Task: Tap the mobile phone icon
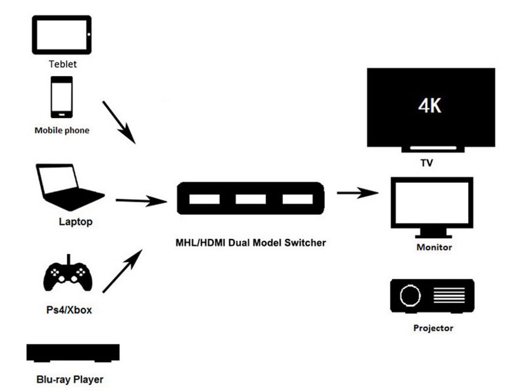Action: point(61,98)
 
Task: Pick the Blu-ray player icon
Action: point(73,353)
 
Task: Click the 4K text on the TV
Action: point(429,106)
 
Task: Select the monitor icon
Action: point(431,205)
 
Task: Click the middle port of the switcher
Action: point(250,199)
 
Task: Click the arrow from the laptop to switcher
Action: point(140,201)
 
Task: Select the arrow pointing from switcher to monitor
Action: point(357,193)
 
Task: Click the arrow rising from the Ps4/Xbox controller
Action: point(122,271)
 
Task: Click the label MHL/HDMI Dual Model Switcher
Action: point(251,242)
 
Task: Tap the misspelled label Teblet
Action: point(63,64)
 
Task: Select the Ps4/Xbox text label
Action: point(68,310)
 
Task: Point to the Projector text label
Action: point(433,328)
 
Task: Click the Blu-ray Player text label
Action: point(70,379)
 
